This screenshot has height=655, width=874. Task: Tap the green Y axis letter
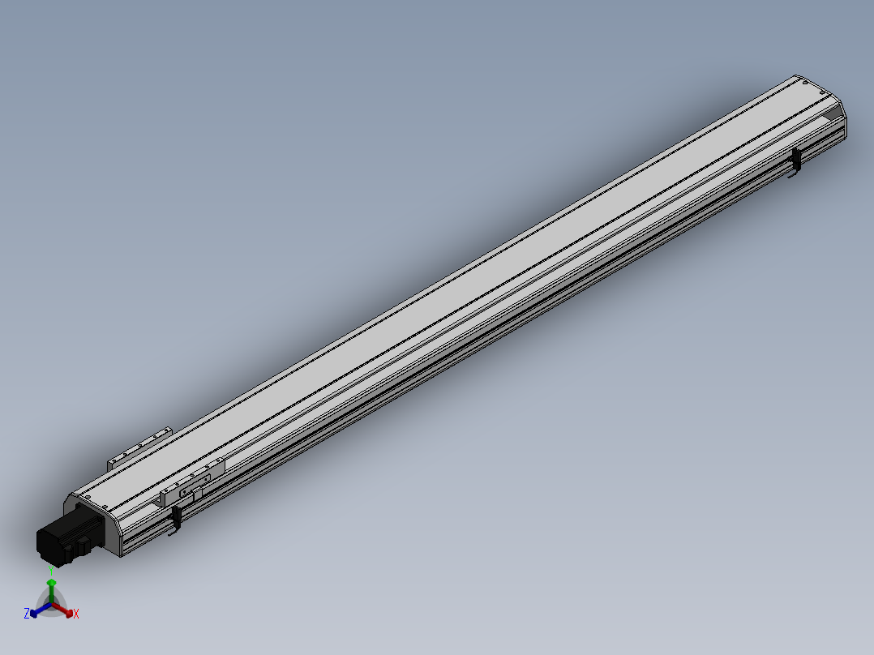[51, 570]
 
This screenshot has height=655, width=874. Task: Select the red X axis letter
[76, 614]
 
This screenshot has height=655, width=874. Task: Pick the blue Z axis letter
[27, 614]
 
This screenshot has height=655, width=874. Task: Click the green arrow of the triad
[51, 587]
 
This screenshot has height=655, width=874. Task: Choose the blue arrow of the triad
[37, 610]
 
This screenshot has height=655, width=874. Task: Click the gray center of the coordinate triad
[51, 605]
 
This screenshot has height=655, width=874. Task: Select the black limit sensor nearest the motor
[176, 516]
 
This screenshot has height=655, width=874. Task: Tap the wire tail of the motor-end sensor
[173, 533]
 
